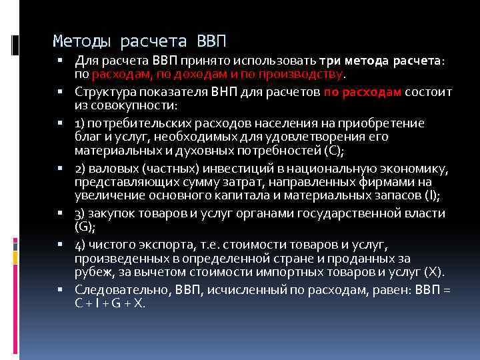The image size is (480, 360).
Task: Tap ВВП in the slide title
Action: [212, 42]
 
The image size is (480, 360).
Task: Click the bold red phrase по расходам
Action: [363, 93]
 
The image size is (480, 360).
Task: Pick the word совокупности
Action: [123, 105]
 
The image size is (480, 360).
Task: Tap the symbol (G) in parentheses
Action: [84, 226]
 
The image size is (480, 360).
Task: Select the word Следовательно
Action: [123, 289]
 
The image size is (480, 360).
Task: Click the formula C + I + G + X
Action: [110, 302]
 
